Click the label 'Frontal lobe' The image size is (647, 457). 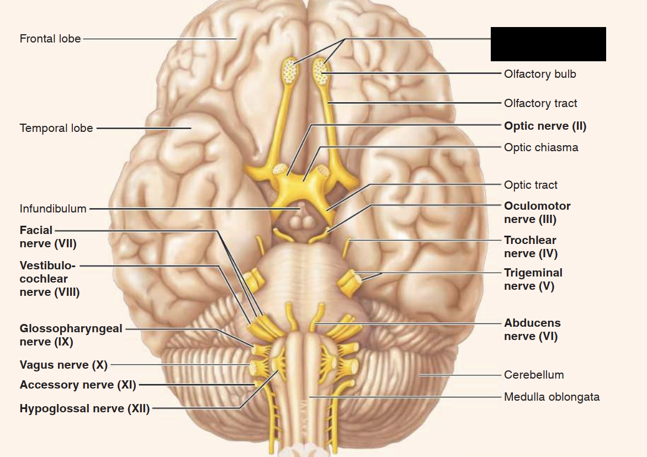pos(50,39)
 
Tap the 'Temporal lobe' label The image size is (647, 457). pos(57,129)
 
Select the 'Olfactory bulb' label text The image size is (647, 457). pos(540,74)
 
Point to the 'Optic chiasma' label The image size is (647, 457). pos(541,147)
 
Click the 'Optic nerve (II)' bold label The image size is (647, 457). pos(545,126)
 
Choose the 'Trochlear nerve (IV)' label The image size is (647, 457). pos(530,247)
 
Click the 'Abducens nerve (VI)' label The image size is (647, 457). pos(532,330)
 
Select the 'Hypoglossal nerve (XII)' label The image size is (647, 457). pos(84,409)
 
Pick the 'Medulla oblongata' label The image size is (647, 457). pos(551,397)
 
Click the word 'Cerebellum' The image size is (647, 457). pos(534,375)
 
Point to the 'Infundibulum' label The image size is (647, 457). pos(53,209)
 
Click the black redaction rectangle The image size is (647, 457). pos(548,44)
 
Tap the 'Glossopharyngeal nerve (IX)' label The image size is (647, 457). pos(71,335)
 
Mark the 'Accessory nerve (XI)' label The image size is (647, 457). pos(78,385)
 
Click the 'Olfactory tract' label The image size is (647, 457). pos(540,103)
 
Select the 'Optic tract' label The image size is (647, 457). pos(531,185)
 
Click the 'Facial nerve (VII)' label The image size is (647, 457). pos(47,237)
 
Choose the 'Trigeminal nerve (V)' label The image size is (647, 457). pos(533,279)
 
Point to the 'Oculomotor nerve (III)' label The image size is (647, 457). pos(537,212)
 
